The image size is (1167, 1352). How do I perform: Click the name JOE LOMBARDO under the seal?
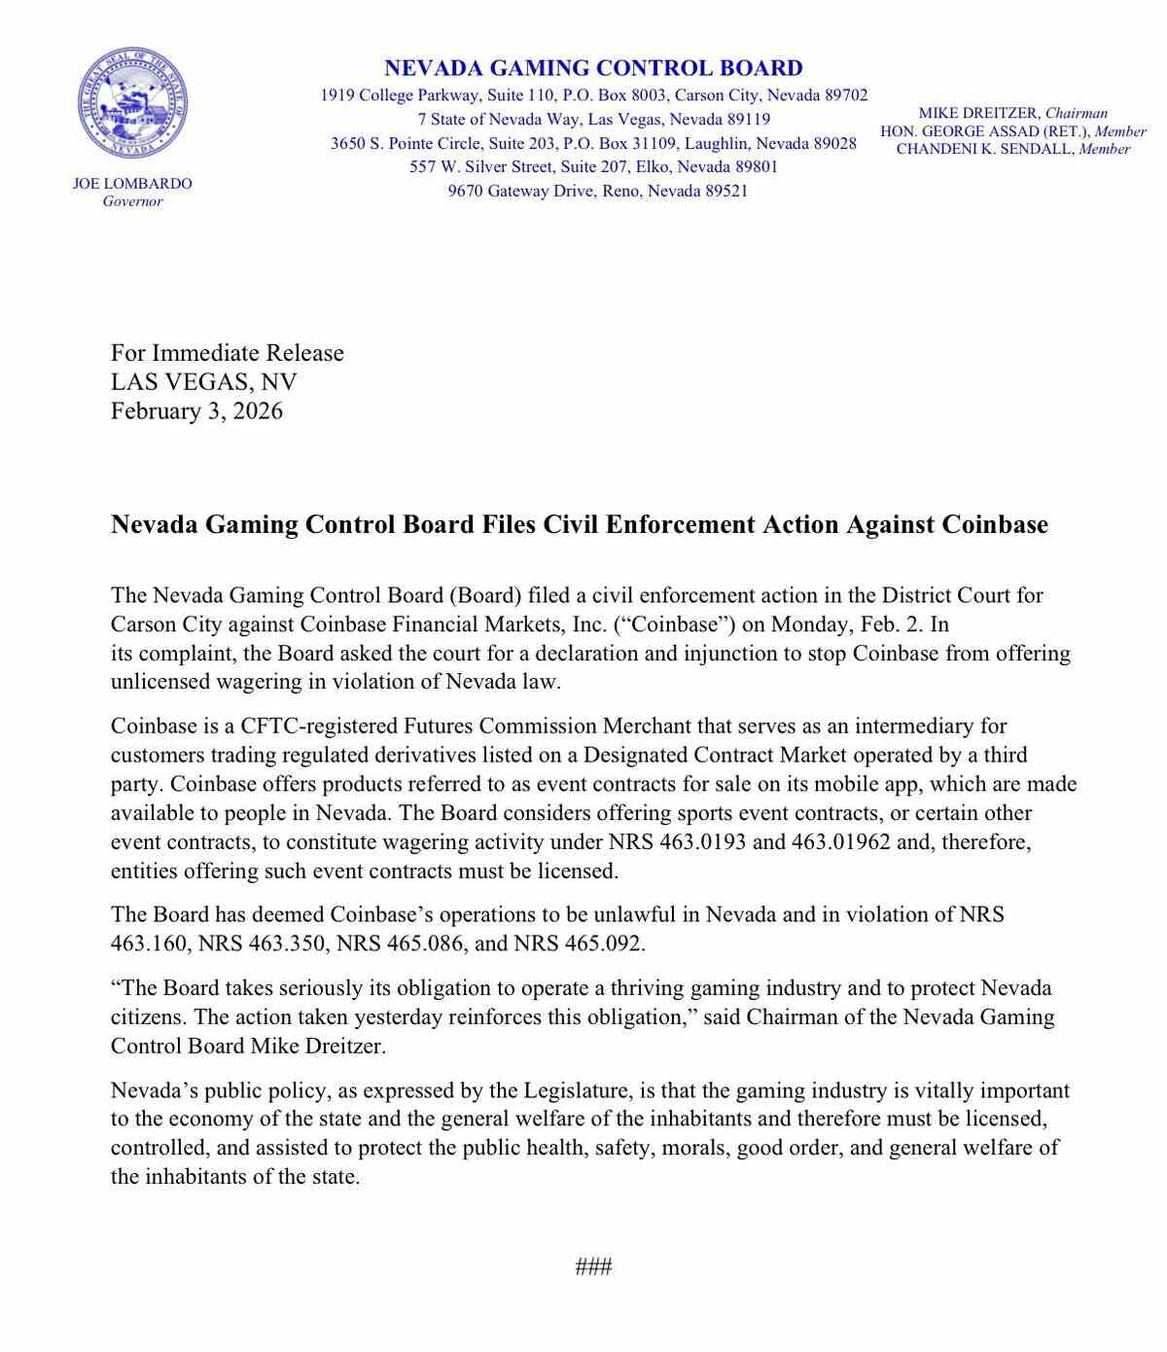click(x=132, y=183)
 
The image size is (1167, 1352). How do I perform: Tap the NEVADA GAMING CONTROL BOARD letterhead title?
click(x=593, y=68)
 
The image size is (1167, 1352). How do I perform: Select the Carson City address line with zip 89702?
click(x=593, y=95)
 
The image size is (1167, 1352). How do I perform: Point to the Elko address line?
click(x=593, y=166)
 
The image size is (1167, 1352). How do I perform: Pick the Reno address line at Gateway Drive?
click(x=597, y=191)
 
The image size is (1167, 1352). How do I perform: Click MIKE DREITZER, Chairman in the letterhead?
click(x=1012, y=113)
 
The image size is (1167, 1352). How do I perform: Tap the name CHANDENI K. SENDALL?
click(x=983, y=149)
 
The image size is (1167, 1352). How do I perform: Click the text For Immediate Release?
click(x=227, y=352)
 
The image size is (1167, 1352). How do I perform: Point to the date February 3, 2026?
click(x=196, y=410)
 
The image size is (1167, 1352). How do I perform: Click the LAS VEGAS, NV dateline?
click(x=203, y=381)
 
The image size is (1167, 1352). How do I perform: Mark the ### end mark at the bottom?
click(x=593, y=1266)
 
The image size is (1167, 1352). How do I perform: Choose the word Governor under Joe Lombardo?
click(x=132, y=201)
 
